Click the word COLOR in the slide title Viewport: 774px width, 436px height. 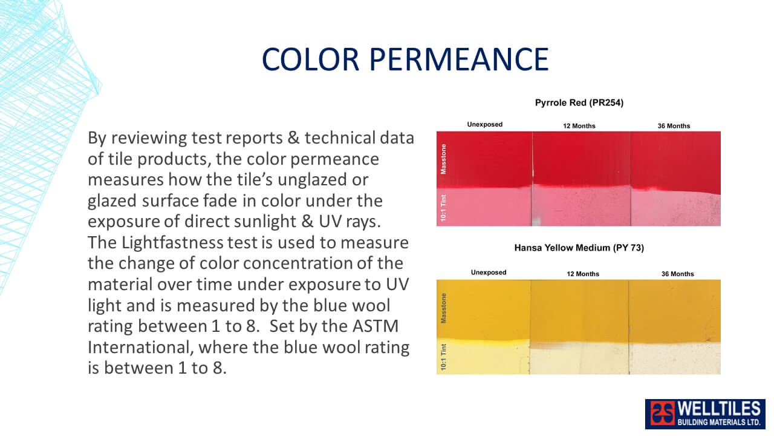(311, 59)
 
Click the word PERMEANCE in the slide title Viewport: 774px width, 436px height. (459, 59)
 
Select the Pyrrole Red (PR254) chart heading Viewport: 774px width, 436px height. (579, 103)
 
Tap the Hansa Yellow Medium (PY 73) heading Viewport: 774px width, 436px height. (579, 248)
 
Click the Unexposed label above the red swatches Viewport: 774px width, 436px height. (485, 124)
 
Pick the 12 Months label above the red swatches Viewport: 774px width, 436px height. (579, 126)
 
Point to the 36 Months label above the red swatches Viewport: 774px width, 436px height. (674, 126)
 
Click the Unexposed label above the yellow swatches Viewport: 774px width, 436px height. (489, 272)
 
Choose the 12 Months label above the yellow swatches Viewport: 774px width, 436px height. (583, 274)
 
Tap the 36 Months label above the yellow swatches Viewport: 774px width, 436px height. (678, 274)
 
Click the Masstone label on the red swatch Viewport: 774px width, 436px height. (443, 159)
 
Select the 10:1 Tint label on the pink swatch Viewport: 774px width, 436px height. (443, 208)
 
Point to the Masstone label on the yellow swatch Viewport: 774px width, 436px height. (443, 308)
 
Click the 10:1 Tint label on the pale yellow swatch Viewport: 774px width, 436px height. (443, 357)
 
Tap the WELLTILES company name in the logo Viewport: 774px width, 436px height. (719, 409)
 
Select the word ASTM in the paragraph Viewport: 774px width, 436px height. (376, 326)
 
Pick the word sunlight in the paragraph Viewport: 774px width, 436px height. (241, 222)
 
